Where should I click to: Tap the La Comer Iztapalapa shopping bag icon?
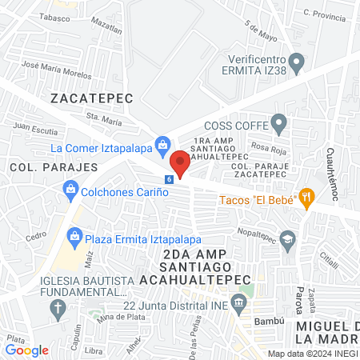point(162,144)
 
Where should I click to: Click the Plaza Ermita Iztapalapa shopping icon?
point(74,235)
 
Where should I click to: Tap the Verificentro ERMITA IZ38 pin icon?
point(297,61)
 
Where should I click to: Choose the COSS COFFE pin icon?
point(278,124)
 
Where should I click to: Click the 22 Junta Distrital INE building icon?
point(238,302)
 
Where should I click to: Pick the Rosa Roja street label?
point(268,147)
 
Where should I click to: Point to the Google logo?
point(27,350)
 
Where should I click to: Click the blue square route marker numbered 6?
point(169,179)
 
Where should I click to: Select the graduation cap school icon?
point(288,238)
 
